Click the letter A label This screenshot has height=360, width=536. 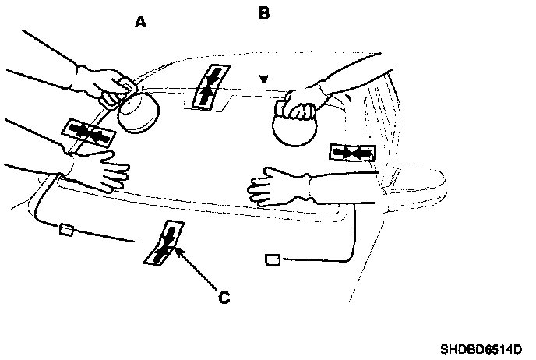coord(141,23)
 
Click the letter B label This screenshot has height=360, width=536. coord(263,13)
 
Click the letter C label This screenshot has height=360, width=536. coord(224,296)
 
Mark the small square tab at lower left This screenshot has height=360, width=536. coord(65,229)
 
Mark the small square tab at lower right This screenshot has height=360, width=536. coord(273,259)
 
